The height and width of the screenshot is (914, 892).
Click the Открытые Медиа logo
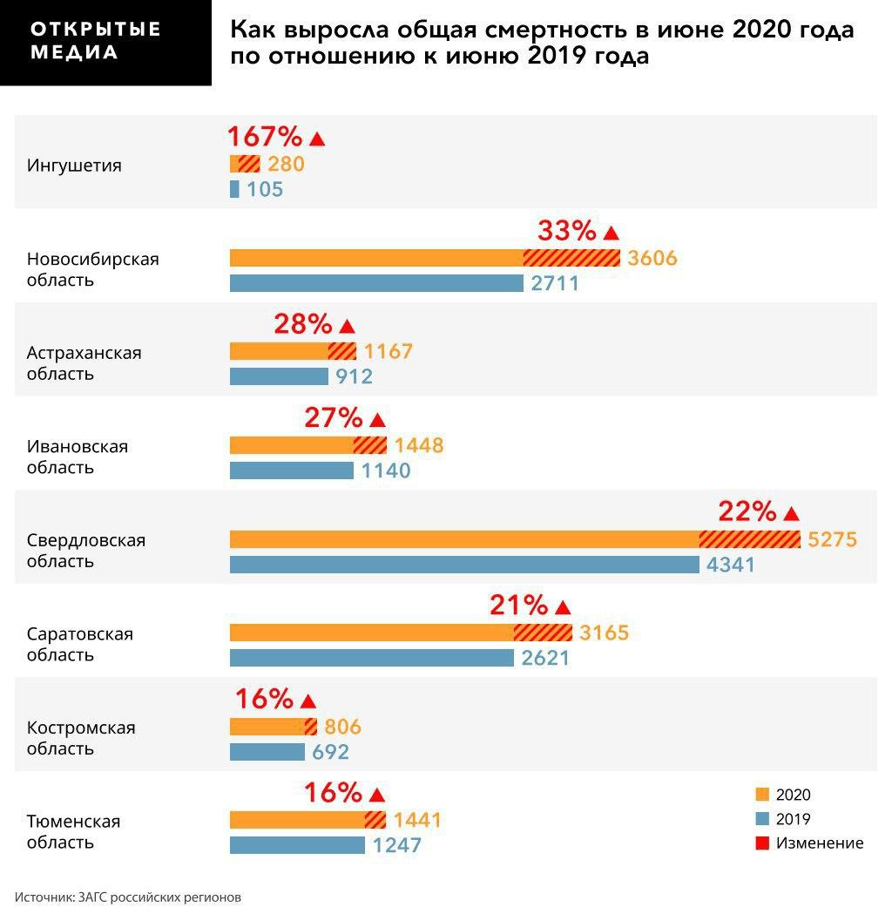96,41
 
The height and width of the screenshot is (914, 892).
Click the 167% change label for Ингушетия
265,137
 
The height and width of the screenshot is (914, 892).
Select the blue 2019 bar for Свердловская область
463,565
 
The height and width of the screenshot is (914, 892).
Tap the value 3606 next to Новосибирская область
652,259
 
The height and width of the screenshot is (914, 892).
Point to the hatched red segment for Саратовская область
543,633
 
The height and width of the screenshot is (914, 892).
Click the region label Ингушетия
74,166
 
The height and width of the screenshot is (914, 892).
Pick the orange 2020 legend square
763,795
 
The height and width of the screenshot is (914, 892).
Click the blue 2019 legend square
763,819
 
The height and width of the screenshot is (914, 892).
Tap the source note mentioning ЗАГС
127,897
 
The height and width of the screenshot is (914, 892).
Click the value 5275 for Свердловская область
833,539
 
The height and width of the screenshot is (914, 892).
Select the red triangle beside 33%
611,233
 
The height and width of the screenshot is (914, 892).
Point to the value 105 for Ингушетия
265,189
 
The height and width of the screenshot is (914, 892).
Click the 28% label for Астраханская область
303,324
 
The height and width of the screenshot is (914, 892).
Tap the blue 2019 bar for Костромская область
267,752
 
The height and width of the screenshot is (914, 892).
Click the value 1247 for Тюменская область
396,845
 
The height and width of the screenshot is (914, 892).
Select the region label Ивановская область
77,457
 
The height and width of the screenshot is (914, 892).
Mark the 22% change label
747,511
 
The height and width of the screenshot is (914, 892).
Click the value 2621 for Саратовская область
545,658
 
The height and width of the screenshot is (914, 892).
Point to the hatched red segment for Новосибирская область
571,258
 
